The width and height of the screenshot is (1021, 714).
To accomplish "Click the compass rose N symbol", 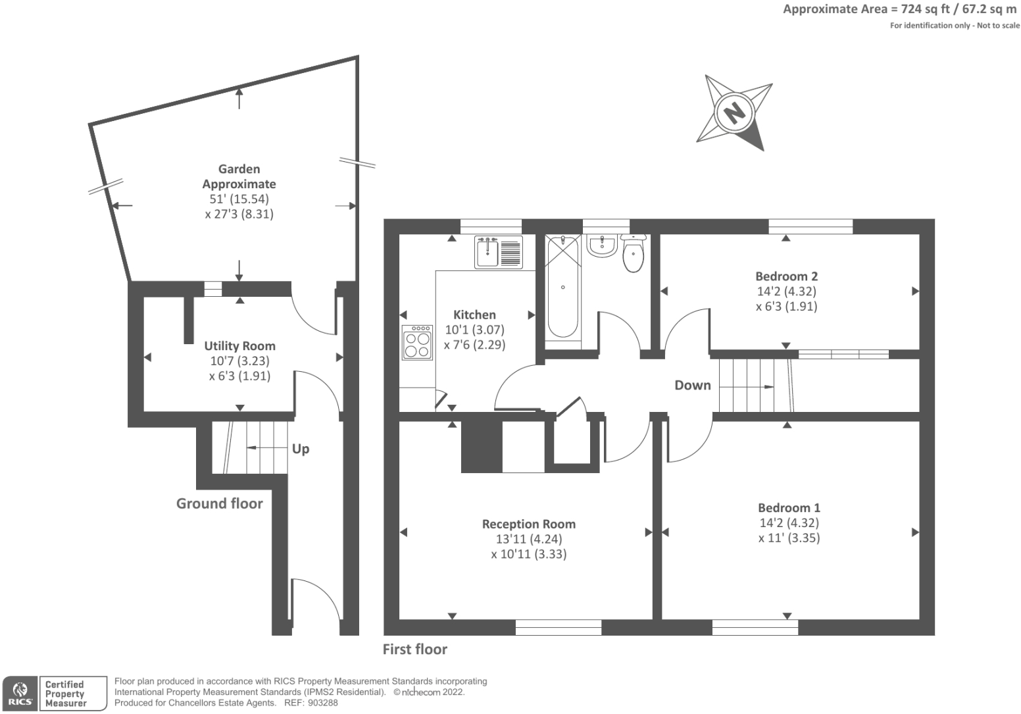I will coord(734,112).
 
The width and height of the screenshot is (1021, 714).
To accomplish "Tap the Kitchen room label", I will coord(474,315).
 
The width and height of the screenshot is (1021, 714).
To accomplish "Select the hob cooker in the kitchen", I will coord(417,342).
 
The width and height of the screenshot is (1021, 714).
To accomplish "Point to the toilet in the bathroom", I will coord(633,254).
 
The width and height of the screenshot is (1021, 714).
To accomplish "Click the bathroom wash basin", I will coord(601,246).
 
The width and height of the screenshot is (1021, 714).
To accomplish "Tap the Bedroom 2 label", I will coord(786,276).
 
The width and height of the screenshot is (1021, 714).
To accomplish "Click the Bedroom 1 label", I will coord(789,507).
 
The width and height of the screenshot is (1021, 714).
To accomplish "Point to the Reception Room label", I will coord(528,524).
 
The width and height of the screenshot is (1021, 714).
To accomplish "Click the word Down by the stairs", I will coord(693,385).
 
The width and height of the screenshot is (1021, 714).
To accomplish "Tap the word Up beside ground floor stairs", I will coord(300,449).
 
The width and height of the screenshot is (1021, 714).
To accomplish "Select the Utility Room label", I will coord(239,346).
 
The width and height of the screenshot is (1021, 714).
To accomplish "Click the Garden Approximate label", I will coord(239,176).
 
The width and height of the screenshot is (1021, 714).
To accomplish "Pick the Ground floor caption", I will coord(219,503).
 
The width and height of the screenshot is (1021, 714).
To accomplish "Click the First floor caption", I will coord(414,649).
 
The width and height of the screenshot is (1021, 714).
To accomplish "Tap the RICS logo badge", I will coord(20,694).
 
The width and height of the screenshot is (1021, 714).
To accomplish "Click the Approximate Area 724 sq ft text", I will coord(899,9).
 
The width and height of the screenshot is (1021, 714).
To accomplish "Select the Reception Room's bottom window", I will coord(558,627).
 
